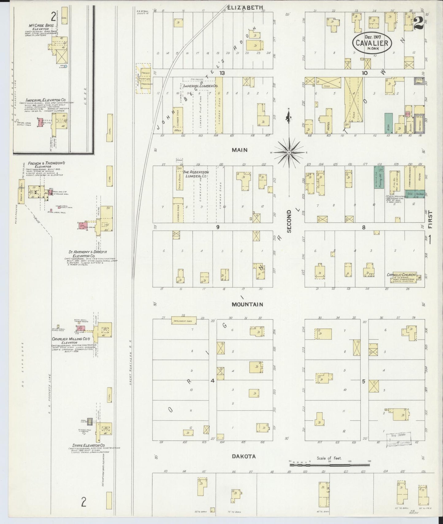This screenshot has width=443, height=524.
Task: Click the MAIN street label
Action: click(239, 150)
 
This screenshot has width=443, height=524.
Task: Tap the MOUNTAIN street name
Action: click(247, 304)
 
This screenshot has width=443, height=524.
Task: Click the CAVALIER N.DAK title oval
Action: click(372, 44)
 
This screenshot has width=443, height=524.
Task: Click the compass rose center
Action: click(289, 152)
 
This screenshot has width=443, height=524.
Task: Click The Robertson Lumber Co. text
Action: click(196, 174)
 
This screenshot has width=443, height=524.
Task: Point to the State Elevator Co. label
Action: click(89, 445)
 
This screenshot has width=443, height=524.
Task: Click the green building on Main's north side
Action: click(388, 123)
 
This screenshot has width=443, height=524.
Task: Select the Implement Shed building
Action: click(183, 321)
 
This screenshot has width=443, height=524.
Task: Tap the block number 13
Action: click(222, 73)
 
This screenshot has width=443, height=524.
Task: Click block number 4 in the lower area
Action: click(212, 381)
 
